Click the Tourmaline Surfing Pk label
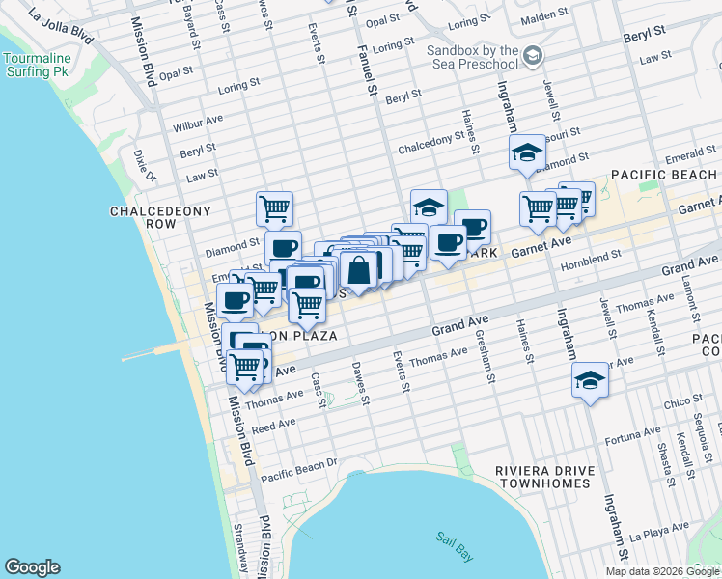(x=37, y=65)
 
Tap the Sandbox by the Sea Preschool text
(x=473, y=57)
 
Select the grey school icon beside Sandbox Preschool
(x=533, y=58)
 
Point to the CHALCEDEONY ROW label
(x=143, y=217)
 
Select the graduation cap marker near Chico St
(x=590, y=380)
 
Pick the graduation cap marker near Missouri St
(x=527, y=152)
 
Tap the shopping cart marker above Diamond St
(x=275, y=207)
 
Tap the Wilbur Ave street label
(x=198, y=123)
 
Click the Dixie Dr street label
(x=145, y=165)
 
